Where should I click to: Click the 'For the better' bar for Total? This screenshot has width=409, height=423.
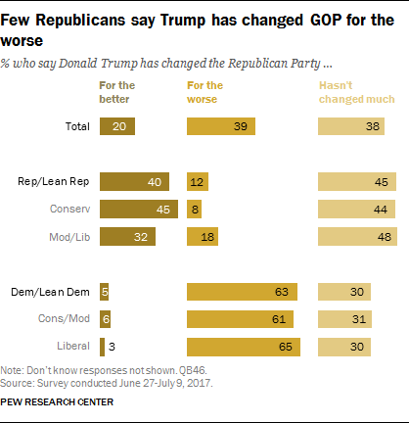pos(116,126)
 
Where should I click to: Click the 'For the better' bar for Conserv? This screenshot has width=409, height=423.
pos(138,209)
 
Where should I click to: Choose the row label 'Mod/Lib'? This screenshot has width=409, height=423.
pos(70,236)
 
